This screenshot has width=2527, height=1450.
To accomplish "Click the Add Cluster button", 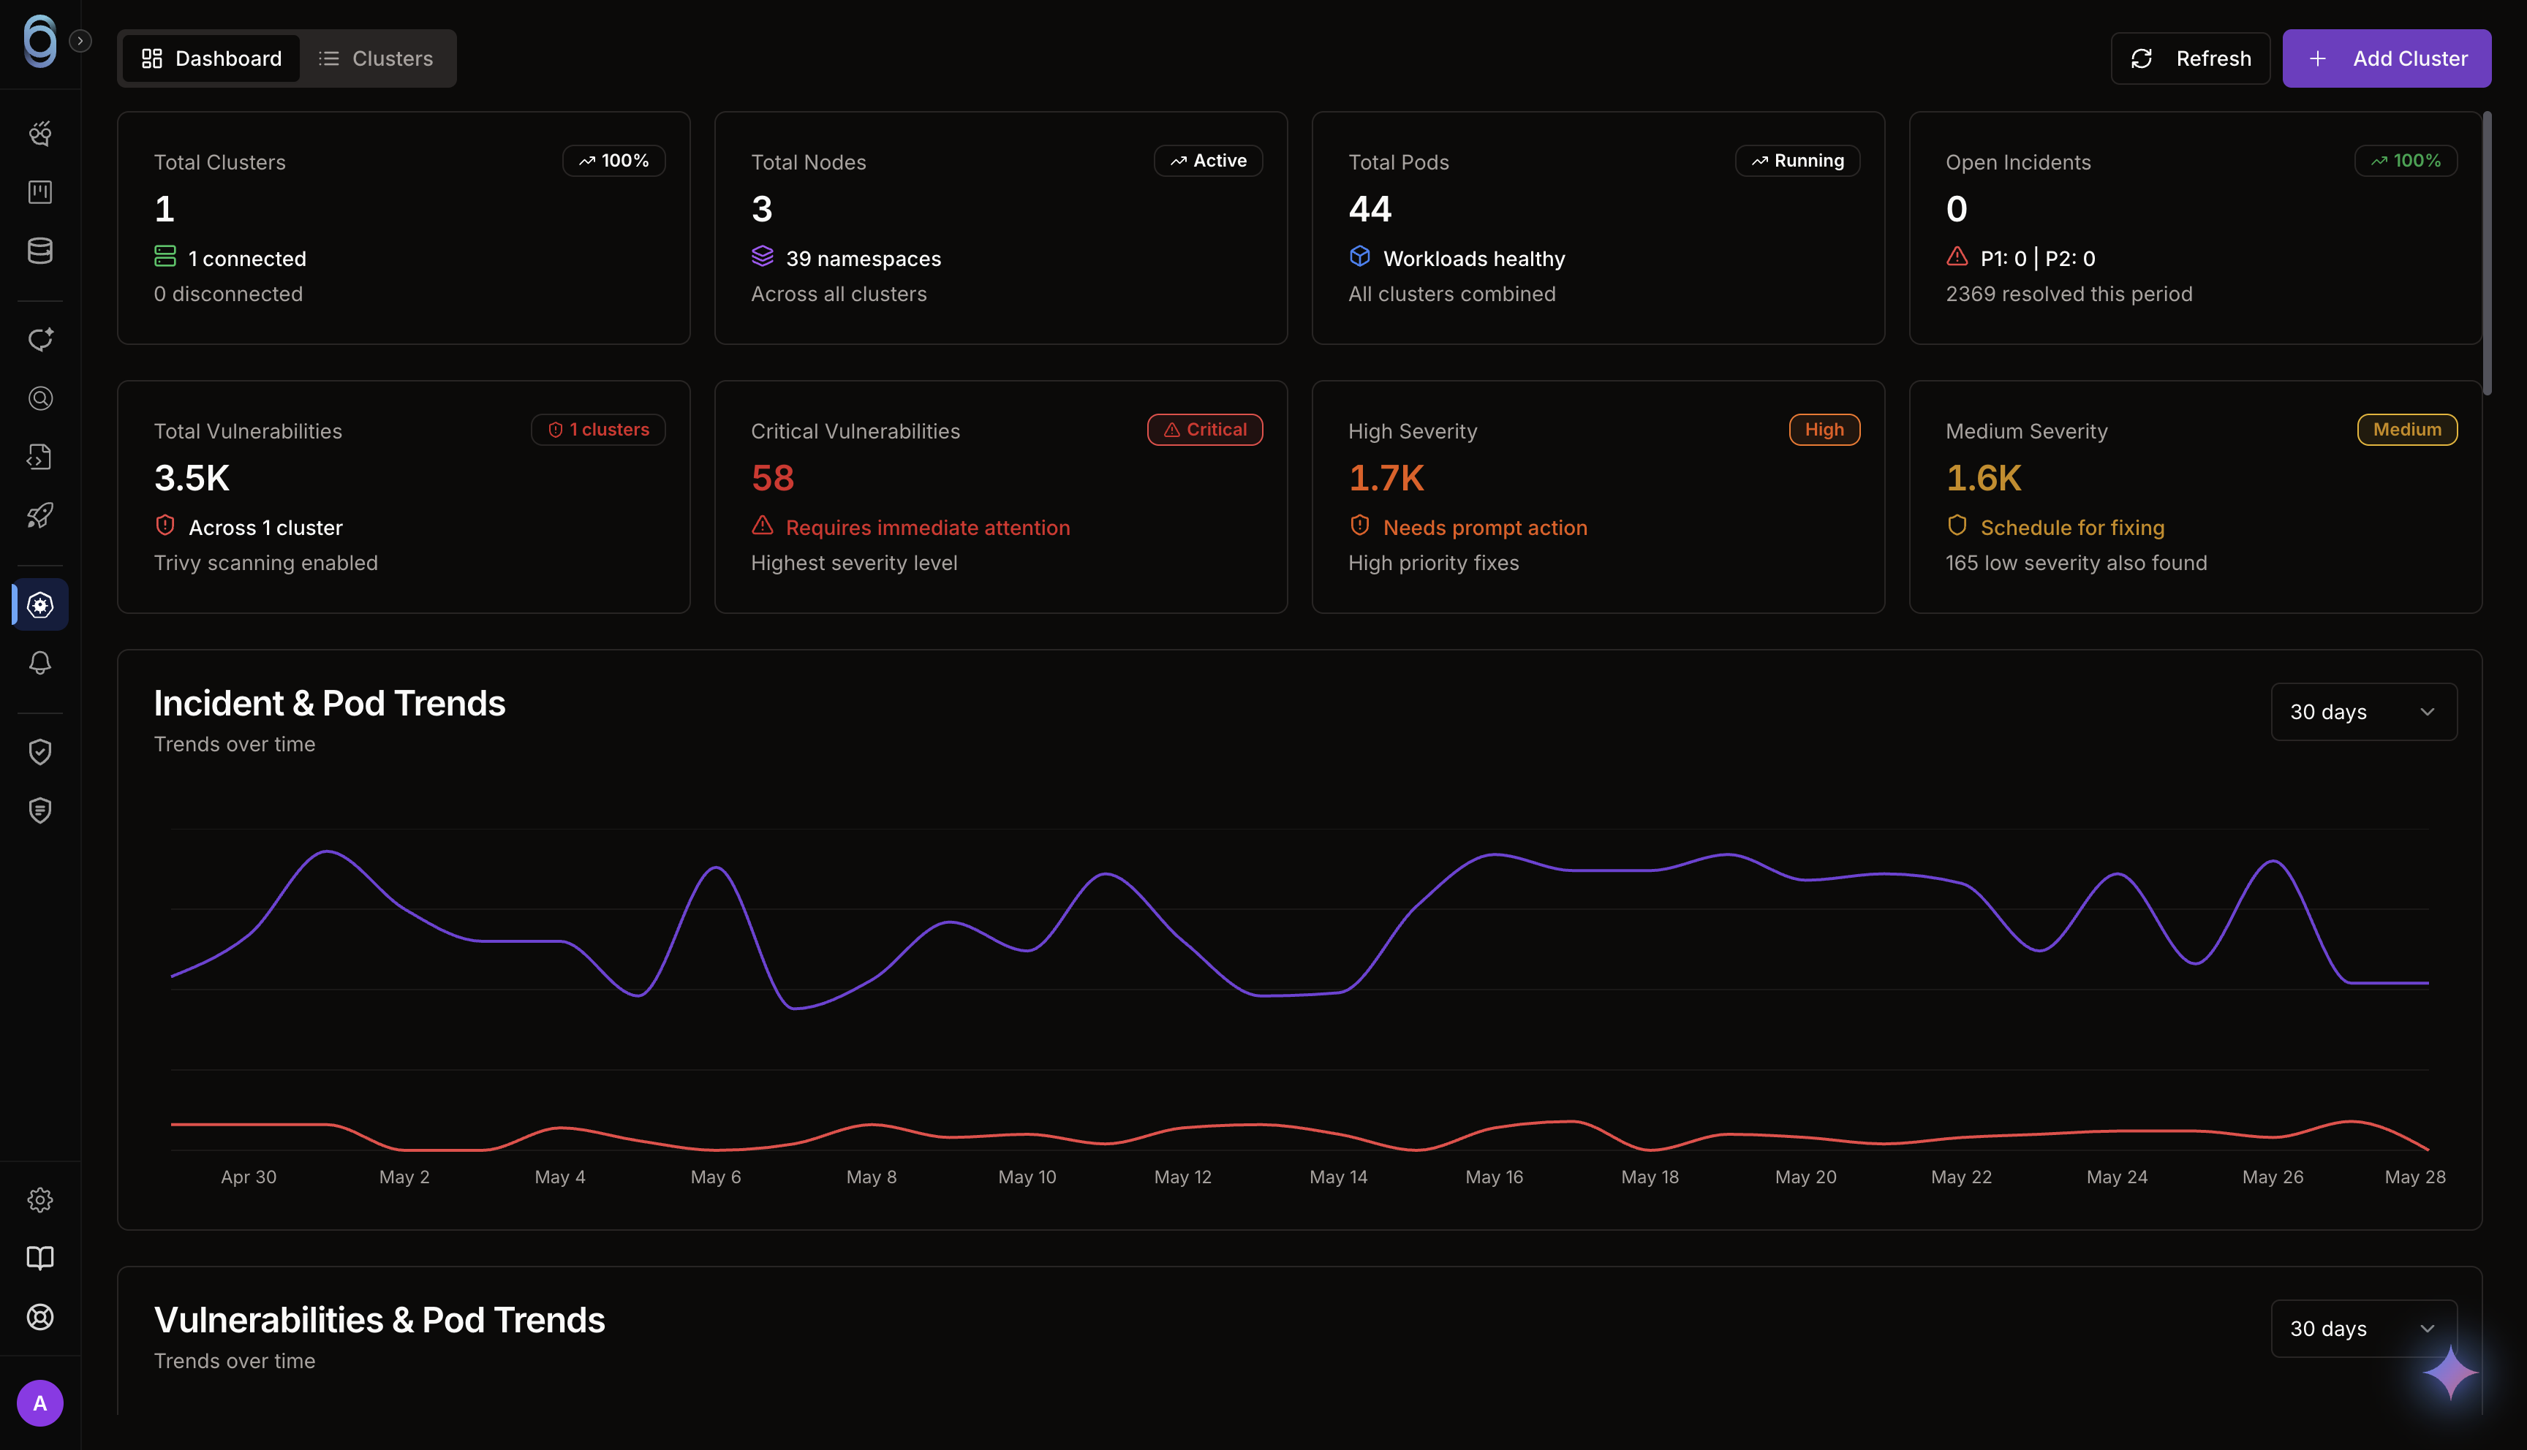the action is coord(2386,58).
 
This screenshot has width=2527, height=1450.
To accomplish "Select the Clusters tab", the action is coord(376,58).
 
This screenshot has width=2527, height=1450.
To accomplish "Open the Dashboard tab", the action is coord(211,58).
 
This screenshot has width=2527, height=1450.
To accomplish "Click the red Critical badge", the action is coord(1205,429).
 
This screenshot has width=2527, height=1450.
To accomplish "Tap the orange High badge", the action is coord(1824,429).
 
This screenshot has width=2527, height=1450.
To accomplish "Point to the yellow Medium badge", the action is coord(2406,429).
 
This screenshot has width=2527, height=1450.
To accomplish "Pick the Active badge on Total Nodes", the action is coord(1208,160).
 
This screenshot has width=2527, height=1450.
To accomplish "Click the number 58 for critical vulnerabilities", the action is coord(773,478).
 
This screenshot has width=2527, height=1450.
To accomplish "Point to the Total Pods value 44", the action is coord(1370,209).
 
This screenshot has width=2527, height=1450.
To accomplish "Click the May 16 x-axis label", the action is coord(1494,1177).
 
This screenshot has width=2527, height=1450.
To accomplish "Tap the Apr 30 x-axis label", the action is coord(249,1177).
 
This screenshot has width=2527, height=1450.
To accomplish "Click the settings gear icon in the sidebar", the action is coord(39,1200).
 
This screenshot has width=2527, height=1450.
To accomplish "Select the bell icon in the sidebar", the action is coord(39,664).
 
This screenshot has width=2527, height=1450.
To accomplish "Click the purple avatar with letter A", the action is coord(39,1403).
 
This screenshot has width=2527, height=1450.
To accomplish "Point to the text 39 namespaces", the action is coord(863,259).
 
